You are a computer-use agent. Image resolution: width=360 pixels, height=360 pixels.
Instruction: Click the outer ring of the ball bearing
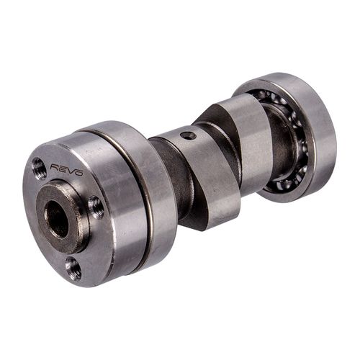317,137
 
